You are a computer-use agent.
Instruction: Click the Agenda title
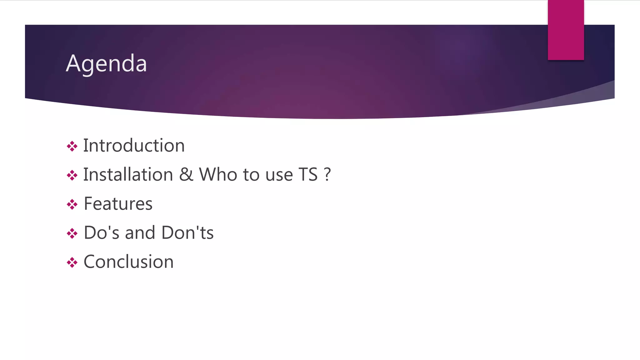pos(106,63)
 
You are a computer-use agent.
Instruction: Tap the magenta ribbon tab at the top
pos(566,30)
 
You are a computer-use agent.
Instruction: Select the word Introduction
pos(134,146)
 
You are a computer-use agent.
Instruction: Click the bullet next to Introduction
pos(72,146)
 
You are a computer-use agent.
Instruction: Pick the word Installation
pos(128,175)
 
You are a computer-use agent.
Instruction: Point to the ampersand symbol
pos(186,175)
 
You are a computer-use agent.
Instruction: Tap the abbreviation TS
pos(308,175)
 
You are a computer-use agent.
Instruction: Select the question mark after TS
pos(327,175)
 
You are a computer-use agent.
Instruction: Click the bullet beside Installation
pos(72,175)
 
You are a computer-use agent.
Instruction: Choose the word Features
pos(118,204)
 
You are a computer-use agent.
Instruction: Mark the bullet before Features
pos(72,204)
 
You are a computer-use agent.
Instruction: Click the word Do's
pos(102,233)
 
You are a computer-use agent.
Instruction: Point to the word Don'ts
pos(187,233)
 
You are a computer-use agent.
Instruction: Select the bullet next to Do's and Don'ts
pos(72,233)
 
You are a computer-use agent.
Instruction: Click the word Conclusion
pos(128,262)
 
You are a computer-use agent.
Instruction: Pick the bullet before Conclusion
pos(72,262)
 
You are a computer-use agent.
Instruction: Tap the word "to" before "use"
pos(251,175)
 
